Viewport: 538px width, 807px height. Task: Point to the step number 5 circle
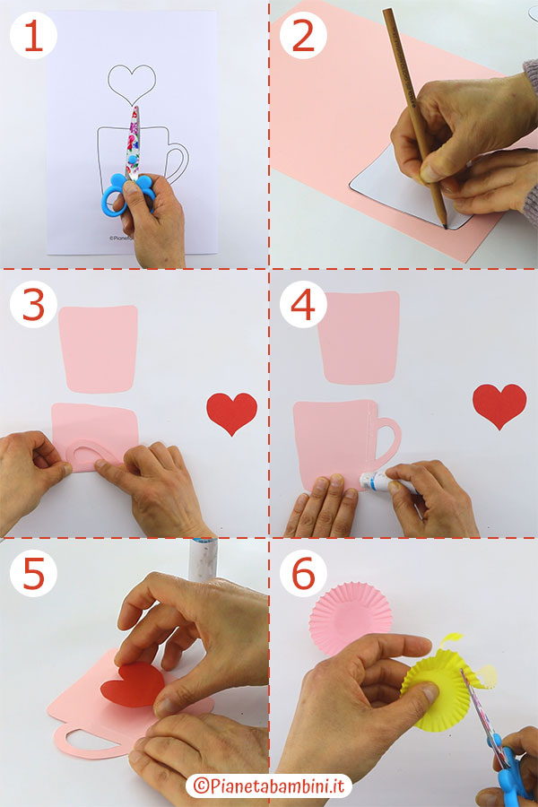click(32, 575)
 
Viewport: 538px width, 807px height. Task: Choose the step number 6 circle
click(303, 575)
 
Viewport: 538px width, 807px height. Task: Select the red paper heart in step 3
click(231, 412)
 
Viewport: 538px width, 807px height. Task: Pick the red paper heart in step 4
click(499, 405)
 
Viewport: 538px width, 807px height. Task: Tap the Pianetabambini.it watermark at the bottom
click(269, 785)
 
